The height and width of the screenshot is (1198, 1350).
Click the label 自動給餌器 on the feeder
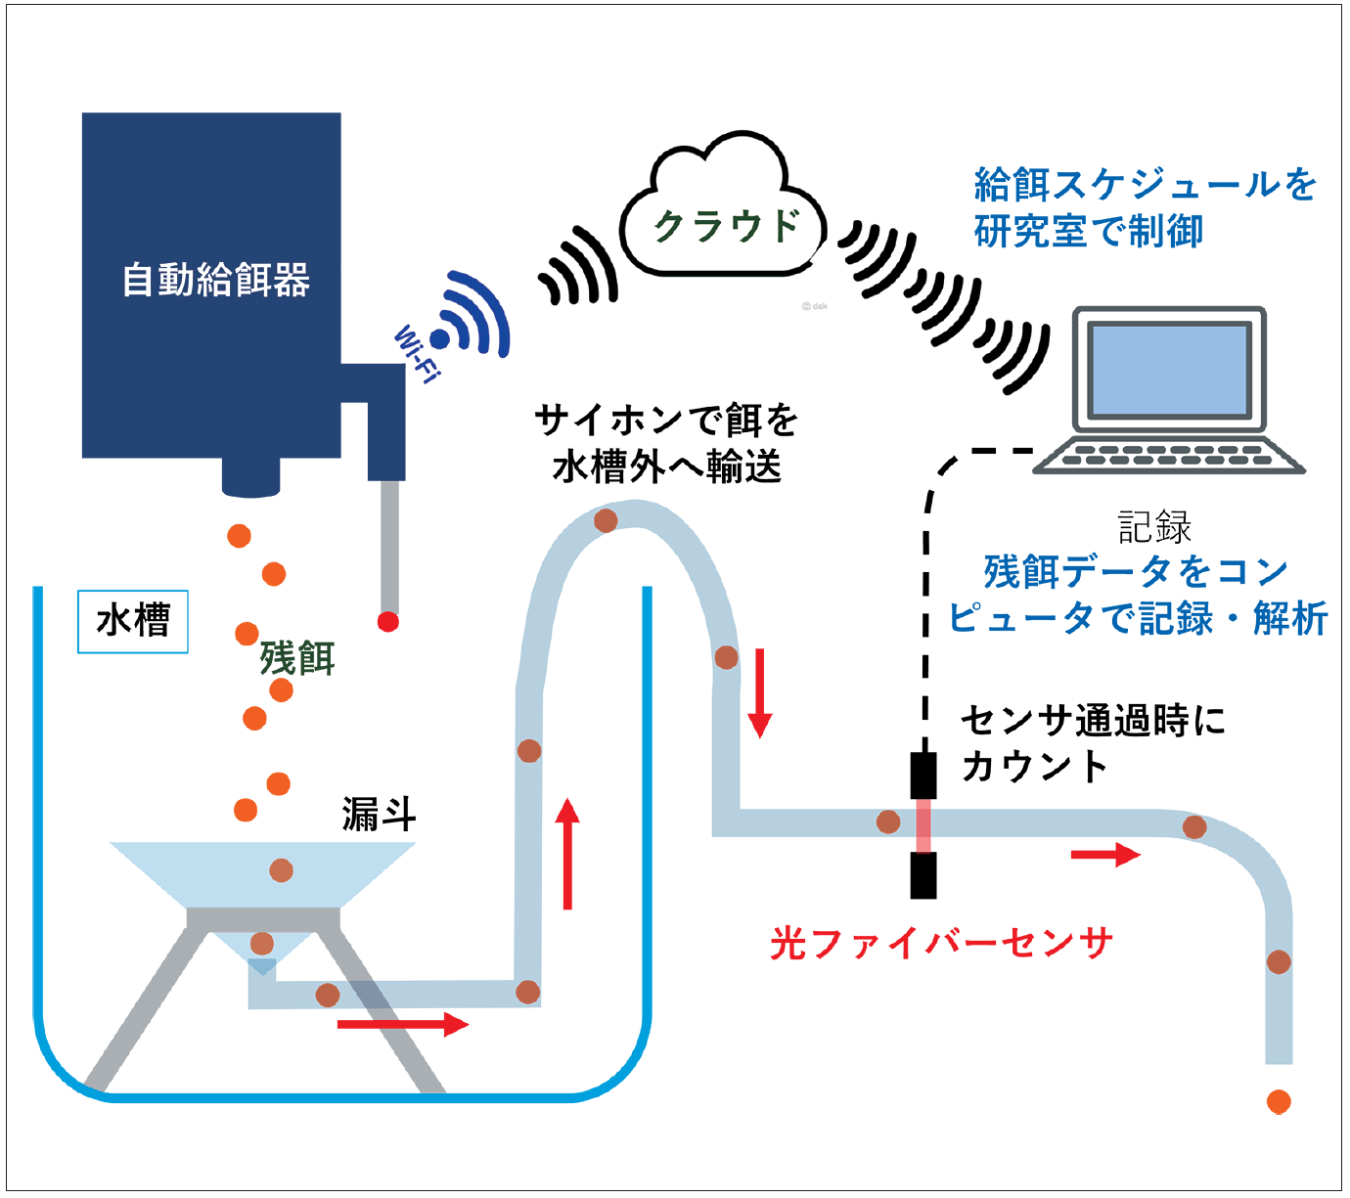[216, 281]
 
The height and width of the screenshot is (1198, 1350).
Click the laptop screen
[1168, 371]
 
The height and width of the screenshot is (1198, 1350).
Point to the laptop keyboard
[1168, 454]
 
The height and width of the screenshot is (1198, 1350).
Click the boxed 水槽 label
[133, 621]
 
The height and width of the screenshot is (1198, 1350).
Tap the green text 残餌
[297, 657]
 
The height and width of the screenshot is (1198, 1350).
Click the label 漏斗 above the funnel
[380, 813]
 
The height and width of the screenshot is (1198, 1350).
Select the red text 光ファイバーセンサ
[941, 944]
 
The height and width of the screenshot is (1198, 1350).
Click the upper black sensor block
[923, 775]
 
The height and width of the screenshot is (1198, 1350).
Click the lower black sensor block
[923, 875]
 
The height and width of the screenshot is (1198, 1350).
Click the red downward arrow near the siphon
[760, 692]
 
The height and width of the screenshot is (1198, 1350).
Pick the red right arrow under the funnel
[403, 1024]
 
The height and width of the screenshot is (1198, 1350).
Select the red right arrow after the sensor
[1105, 855]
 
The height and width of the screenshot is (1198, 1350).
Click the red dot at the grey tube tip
[388, 621]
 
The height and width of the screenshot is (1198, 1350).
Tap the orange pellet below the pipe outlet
[1279, 1102]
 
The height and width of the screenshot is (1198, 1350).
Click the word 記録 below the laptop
[1154, 527]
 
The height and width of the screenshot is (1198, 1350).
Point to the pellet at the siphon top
[606, 520]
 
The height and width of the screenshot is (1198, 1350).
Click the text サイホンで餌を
[666, 421]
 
